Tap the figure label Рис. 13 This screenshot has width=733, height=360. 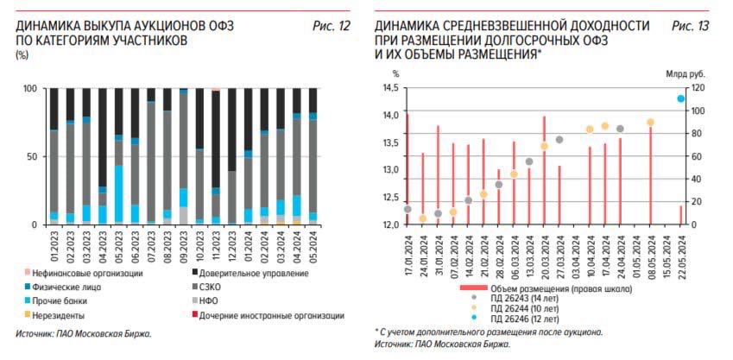coord(690,27)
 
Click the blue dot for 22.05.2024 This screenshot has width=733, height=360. coord(681,98)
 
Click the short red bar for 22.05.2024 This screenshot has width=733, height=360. coord(681,215)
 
